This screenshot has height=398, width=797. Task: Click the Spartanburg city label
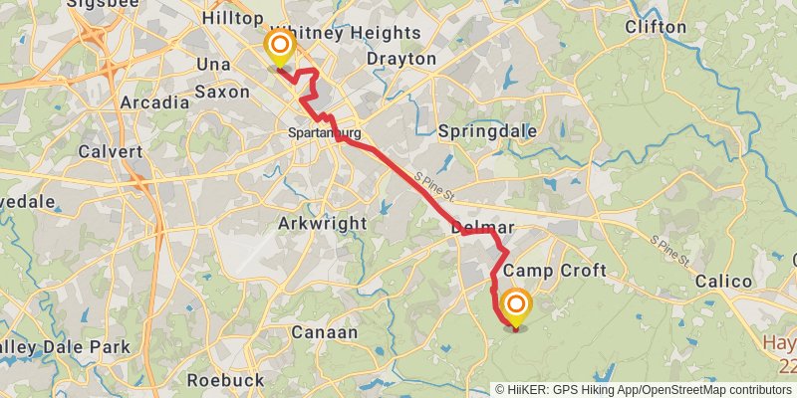(324, 132)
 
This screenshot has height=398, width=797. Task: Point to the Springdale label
(488, 131)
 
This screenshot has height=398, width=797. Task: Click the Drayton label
(401, 60)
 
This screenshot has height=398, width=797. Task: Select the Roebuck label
(226, 380)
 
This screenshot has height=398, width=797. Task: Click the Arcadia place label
(154, 102)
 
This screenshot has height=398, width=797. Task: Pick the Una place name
(214, 64)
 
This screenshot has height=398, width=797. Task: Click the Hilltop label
(232, 19)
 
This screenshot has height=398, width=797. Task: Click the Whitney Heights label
(346, 33)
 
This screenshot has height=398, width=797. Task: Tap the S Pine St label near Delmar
(434, 181)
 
